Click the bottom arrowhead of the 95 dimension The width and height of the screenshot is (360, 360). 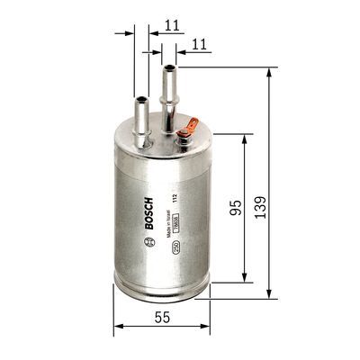[x=245, y=279]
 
